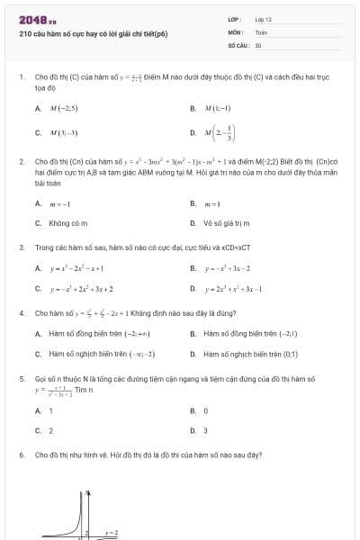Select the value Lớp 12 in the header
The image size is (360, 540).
pyautogui.click(x=264, y=19)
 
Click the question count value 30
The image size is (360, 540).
pyautogui.click(x=258, y=44)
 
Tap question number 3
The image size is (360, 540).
pyautogui.click(x=21, y=246)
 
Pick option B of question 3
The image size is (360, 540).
pyautogui.click(x=228, y=268)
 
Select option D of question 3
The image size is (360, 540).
pyautogui.click(x=232, y=289)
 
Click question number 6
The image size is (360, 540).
pyautogui.click(x=21, y=454)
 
